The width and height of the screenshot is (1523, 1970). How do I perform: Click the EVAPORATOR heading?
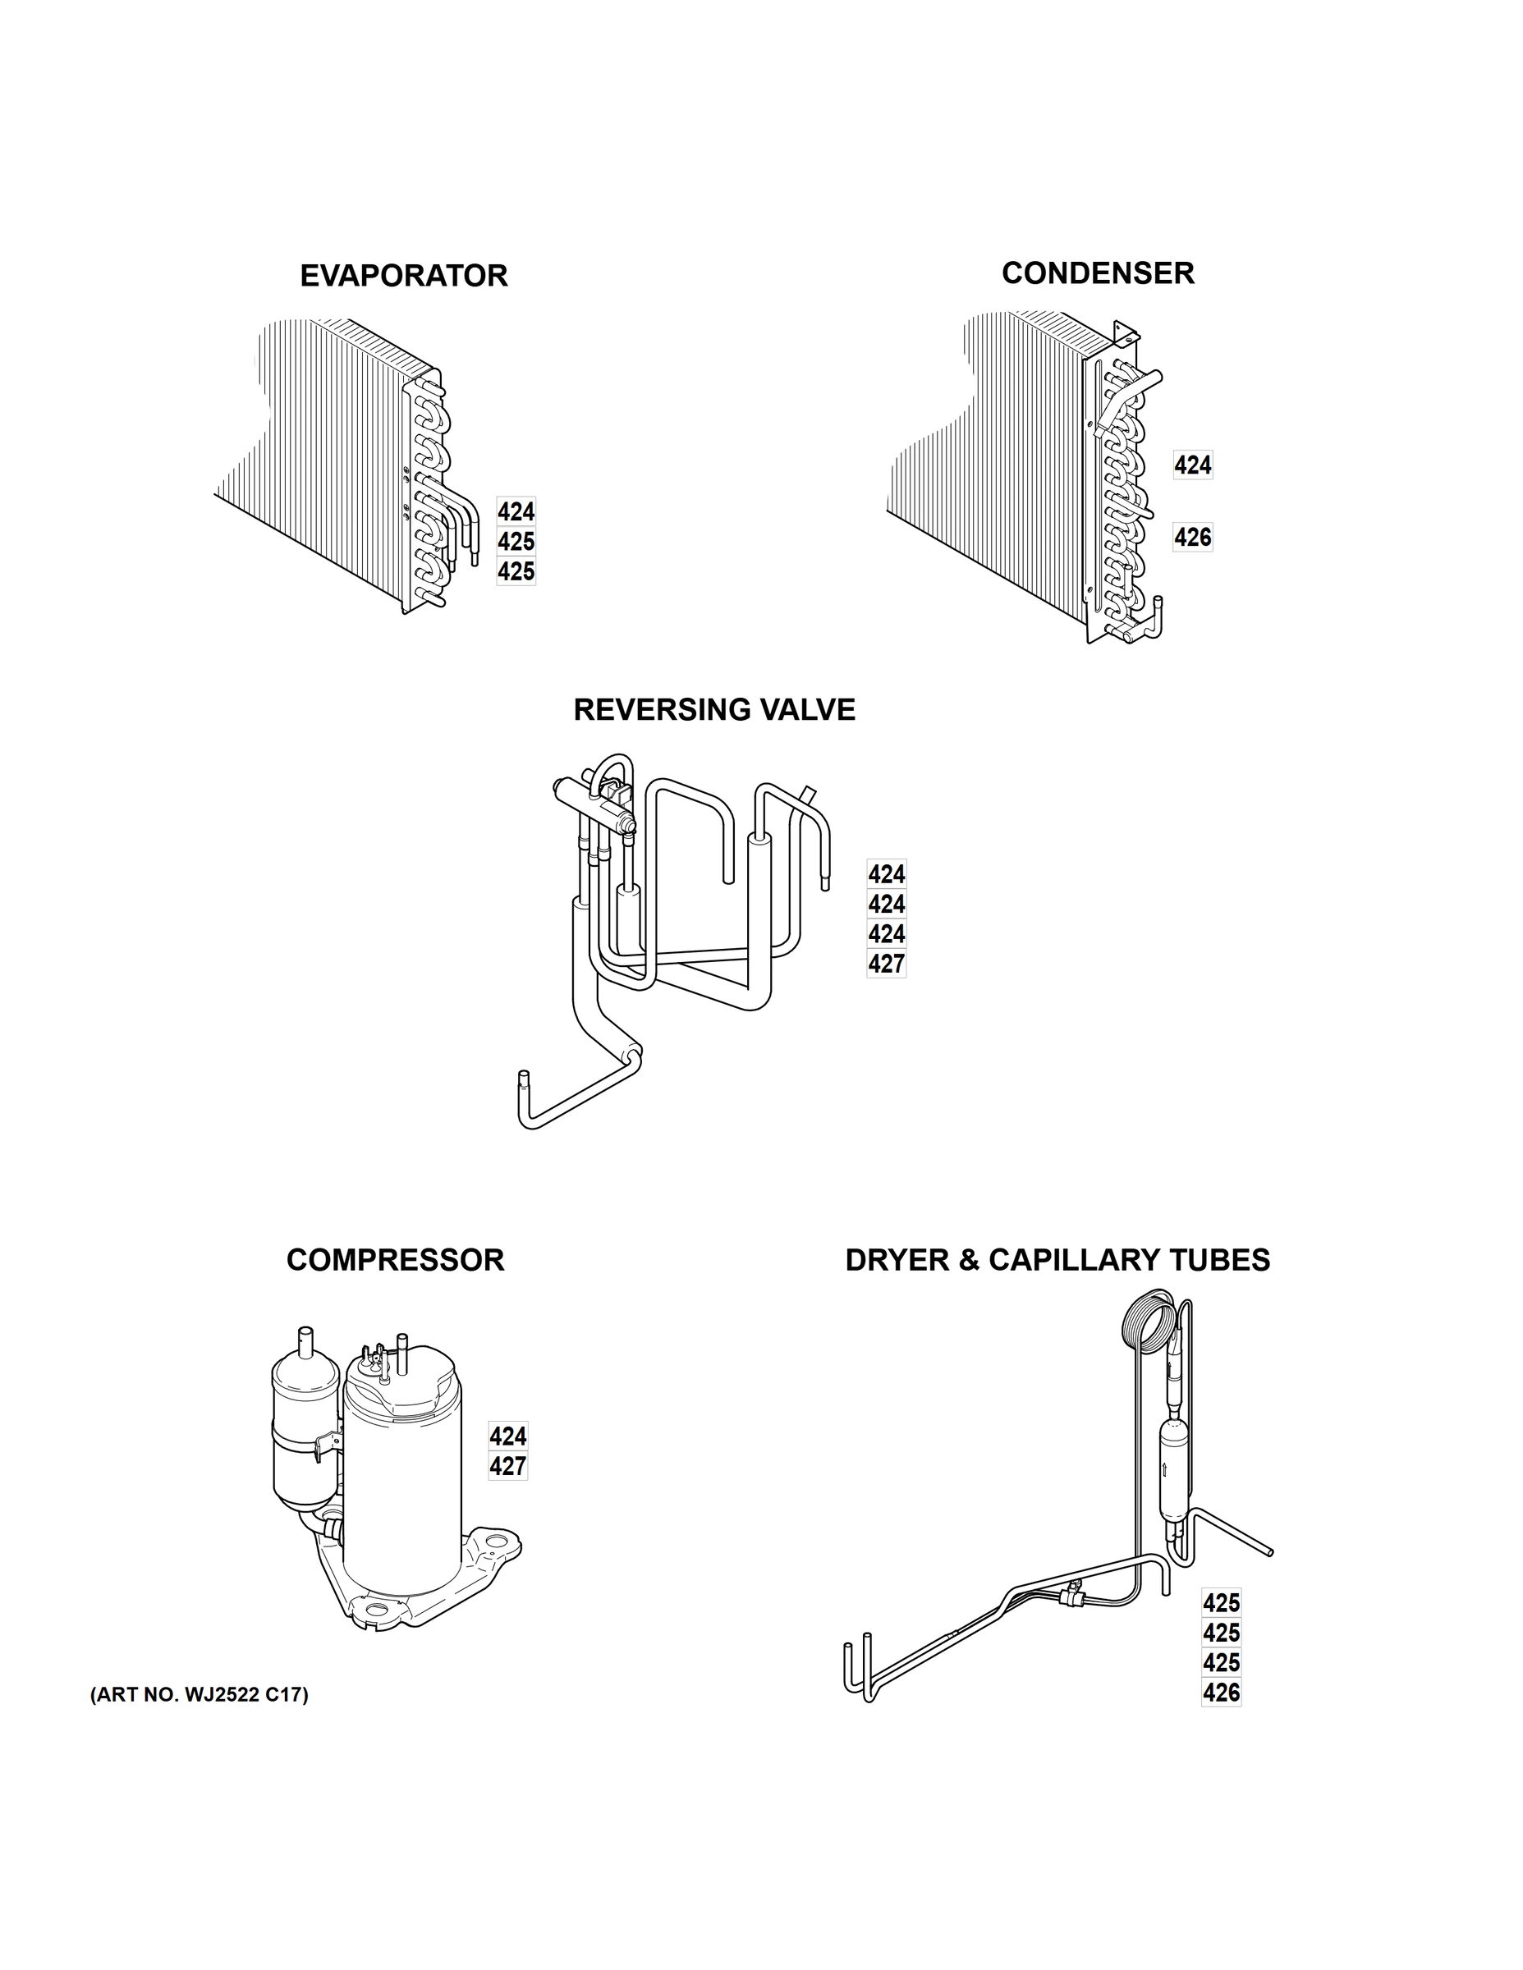coord(403,276)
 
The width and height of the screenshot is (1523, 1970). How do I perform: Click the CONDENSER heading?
coord(1097,273)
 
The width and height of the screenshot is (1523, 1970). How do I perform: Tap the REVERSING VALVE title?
coord(713,710)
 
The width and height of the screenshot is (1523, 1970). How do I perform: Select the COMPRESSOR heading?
coord(394,1260)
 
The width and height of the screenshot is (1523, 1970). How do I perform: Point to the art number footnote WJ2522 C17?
coord(199,1695)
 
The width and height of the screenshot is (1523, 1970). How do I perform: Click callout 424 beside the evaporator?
coord(516,512)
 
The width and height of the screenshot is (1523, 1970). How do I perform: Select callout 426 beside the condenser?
coord(1192,538)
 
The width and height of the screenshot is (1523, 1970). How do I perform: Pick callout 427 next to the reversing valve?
coord(886,964)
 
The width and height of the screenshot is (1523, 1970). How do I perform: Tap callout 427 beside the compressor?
coord(508,1467)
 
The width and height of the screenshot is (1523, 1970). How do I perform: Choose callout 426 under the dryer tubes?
coord(1221,1693)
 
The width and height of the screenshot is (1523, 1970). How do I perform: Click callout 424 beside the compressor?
coord(508,1436)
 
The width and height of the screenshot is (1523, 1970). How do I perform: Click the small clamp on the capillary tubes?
coord(1073,1595)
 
